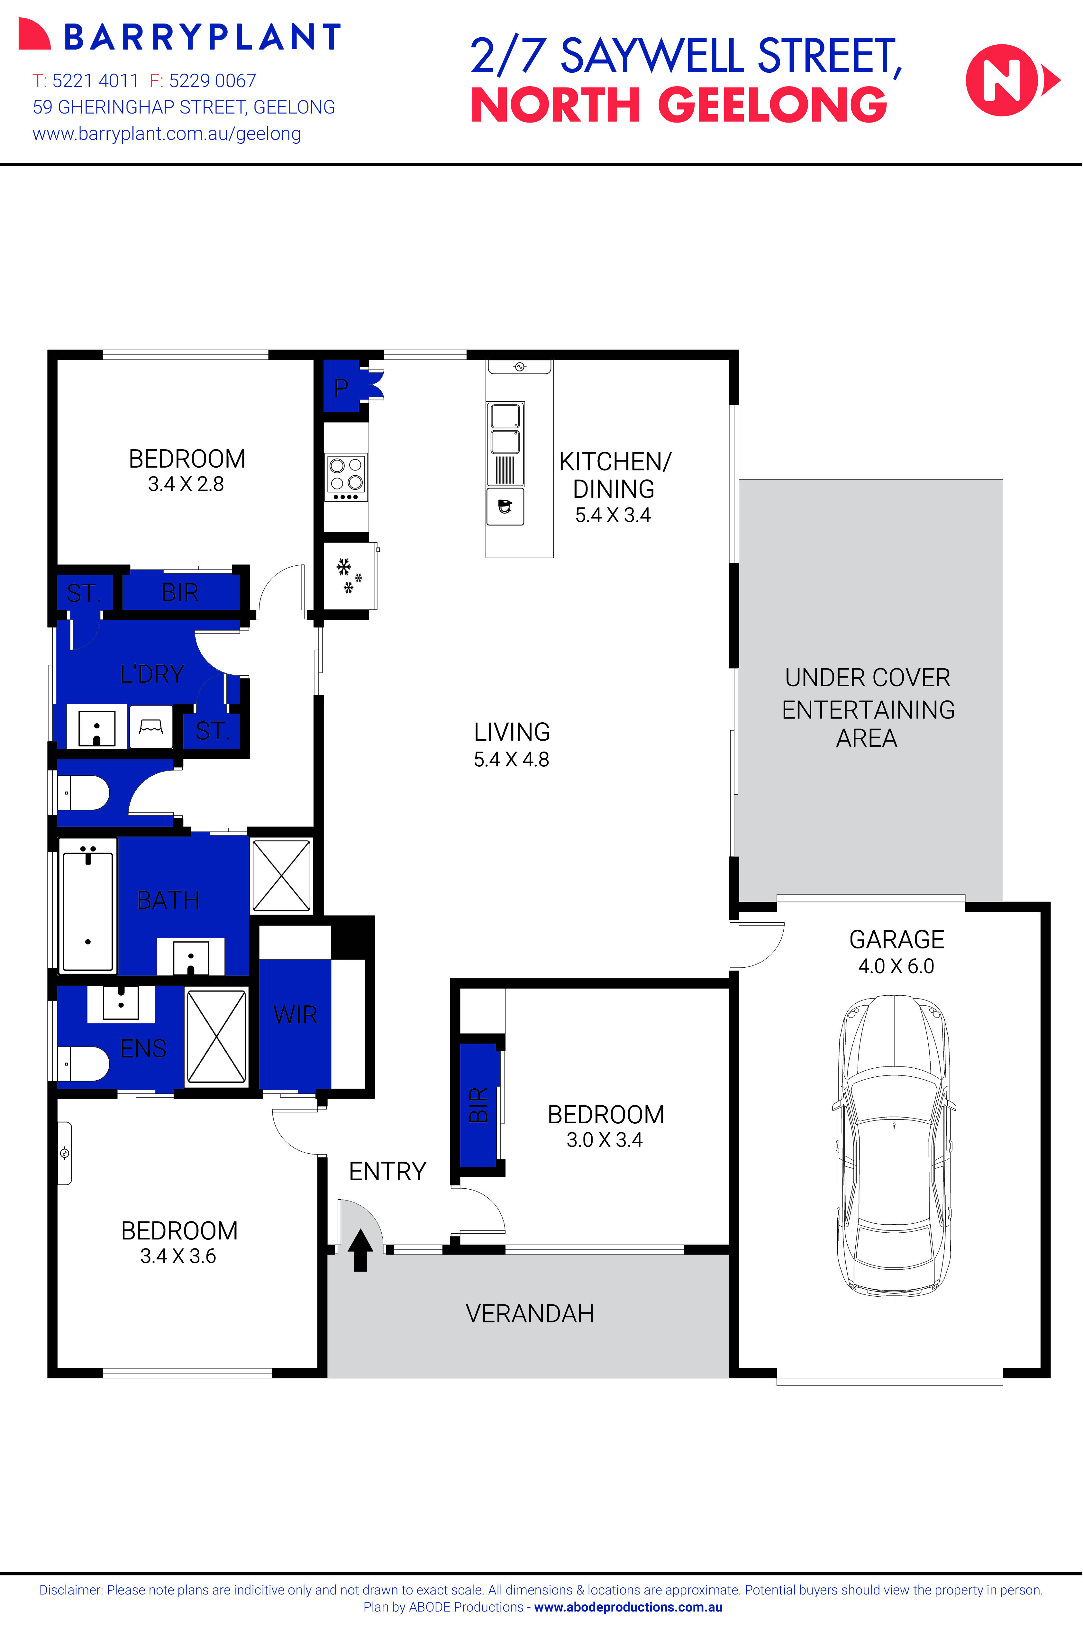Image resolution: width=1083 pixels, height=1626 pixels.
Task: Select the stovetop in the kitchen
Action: tap(346, 477)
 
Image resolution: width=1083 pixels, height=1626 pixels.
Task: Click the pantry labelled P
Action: tap(341, 388)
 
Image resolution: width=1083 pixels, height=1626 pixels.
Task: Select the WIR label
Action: tap(295, 1015)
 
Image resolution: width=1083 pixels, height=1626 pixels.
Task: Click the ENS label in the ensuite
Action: tap(143, 1048)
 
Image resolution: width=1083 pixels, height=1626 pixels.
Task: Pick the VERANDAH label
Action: tap(530, 1313)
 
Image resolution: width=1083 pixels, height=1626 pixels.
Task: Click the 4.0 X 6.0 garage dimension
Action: tap(896, 966)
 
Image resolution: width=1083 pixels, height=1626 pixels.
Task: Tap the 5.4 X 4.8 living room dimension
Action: tap(511, 759)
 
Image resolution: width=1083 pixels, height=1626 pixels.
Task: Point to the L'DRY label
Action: tap(152, 673)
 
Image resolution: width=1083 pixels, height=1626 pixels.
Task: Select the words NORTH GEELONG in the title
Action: tap(678, 106)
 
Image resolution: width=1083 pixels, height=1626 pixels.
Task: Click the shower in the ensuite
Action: tap(216, 1036)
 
